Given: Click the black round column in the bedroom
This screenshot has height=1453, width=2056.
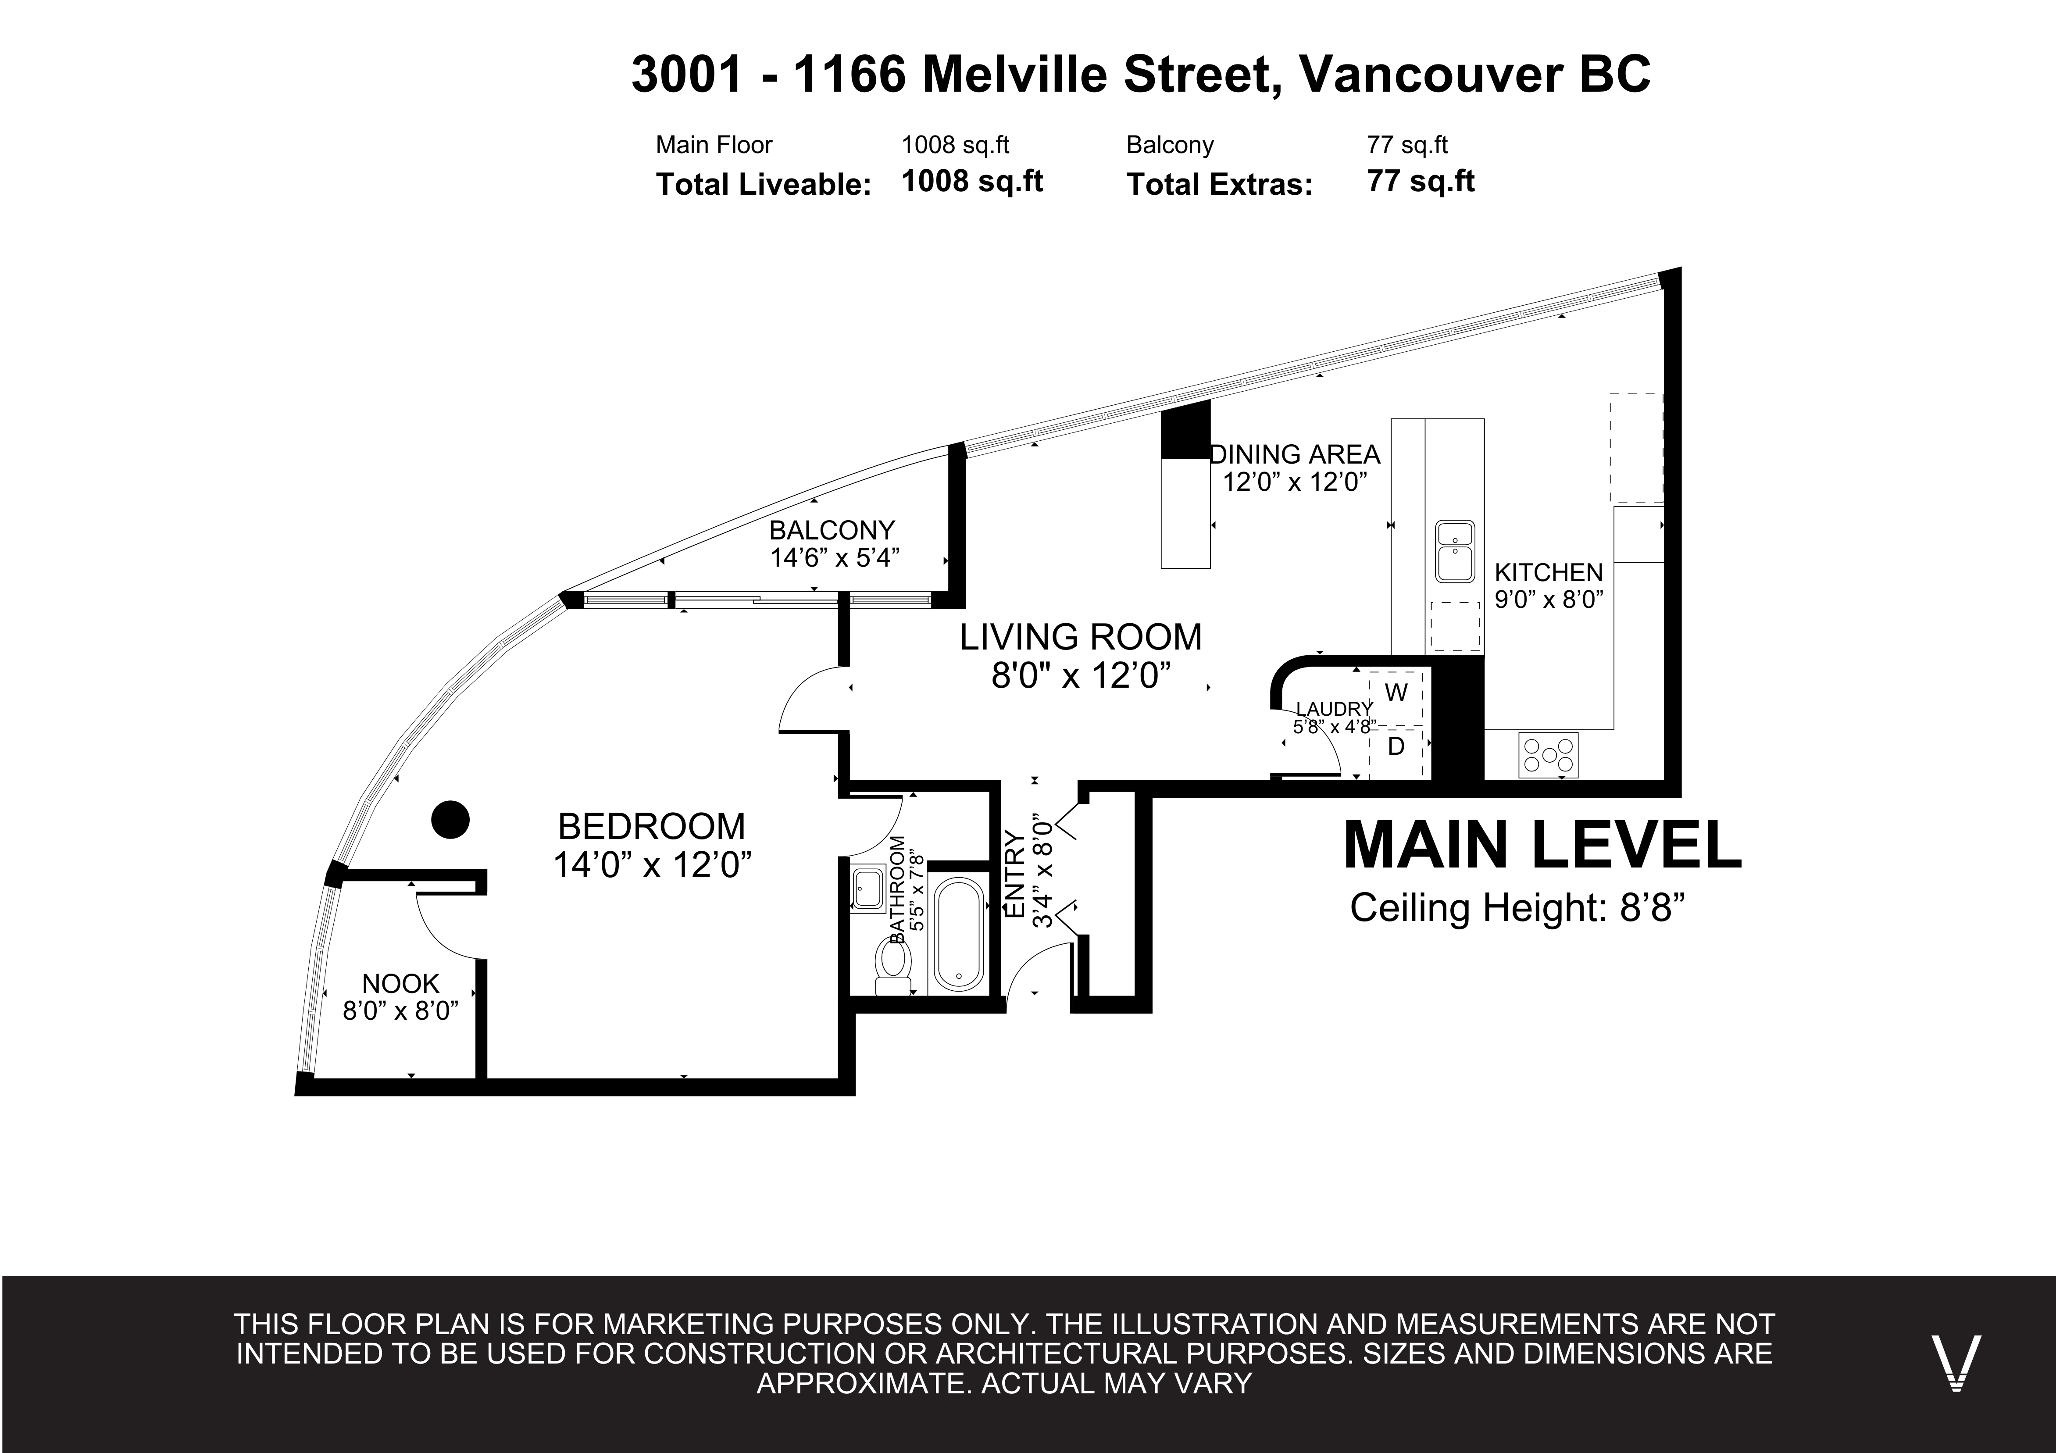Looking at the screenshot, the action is click(x=450, y=819).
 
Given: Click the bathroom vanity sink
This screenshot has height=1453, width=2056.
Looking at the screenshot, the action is click(x=867, y=889).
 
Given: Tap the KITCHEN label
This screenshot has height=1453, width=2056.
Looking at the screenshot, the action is click(x=1548, y=572).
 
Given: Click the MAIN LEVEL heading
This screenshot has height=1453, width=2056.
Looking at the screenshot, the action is click(x=1542, y=845).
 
